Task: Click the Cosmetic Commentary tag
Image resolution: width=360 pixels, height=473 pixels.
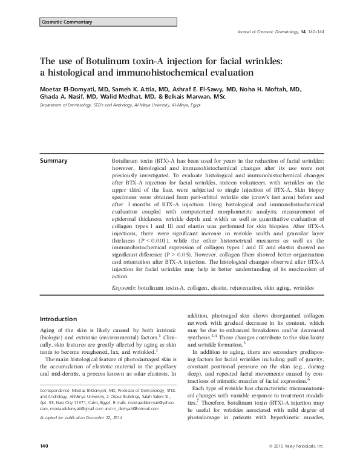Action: coord(67,22)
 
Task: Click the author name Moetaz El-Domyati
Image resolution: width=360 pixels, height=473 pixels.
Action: coord(67,89)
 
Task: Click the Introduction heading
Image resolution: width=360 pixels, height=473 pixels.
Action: coord(58,319)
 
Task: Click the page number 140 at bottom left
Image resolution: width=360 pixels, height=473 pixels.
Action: coord(44,463)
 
